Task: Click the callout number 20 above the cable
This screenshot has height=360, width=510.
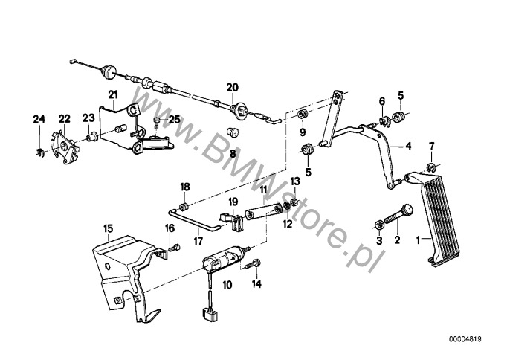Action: click(x=232, y=87)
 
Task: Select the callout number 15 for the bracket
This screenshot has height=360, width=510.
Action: click(x=109, y=228)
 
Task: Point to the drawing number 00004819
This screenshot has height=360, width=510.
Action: click(x=465, y=339)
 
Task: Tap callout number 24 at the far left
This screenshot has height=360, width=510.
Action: click(x=39, y=120)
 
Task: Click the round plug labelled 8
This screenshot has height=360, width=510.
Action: click(x=233, y=133)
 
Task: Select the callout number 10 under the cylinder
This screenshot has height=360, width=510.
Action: click(x=227, y=285)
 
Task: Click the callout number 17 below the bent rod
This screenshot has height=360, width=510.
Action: click(x=198, y=241)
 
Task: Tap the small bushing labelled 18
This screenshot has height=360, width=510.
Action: click(x=184, y=206)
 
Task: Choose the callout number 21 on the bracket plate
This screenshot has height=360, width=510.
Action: click(x=112, y=94)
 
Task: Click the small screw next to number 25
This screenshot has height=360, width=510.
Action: click(x=157, y=123)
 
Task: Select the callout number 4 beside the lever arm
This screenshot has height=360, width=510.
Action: click(x=408, y=146)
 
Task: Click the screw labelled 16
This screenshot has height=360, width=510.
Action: click(x=174, y=248)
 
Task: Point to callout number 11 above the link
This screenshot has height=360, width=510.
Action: click(x=263, y=190)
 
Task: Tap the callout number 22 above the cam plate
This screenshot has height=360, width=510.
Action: click(x=64, y=119)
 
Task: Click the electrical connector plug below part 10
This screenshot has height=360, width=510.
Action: click(x=208, y=313)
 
